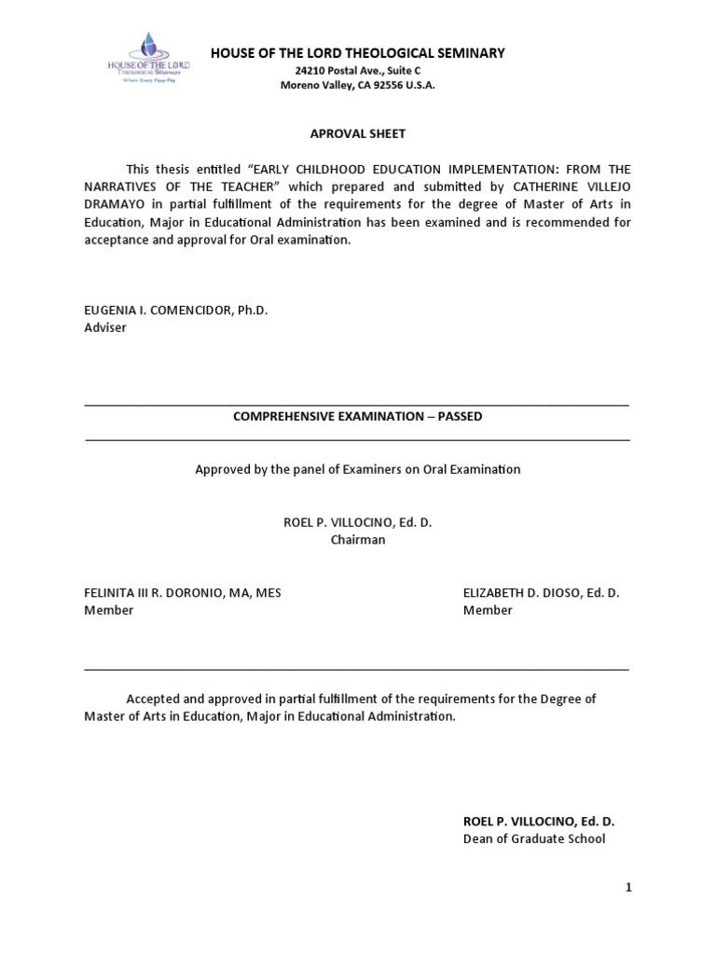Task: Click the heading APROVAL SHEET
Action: pyautogui.click(x=357, y=133)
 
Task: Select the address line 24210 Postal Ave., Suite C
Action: pyautogui.click(x=358, y=70)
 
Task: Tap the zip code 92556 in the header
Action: pyautogui.click(x=385, y=85)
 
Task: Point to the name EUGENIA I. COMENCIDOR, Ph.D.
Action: pyautogui.click(x=176, y=311)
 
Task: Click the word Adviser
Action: pyautogui.click(x=105, y=327)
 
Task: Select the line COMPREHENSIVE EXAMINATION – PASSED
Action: pyautogui.click(x=357, y=416)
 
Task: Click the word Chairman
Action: pyautogui.click(x=357, y=539)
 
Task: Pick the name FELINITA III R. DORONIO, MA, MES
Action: pyautogui.click(x=183, y=593)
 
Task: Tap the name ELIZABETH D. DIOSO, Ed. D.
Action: pyautogui.click(x=541, y=593)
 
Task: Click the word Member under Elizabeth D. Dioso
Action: pyautogui.click(x=488, y=610)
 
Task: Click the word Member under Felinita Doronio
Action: pyautogui.click(x=109, y=610)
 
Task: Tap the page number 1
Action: pyautogui.click(x=628, y=888)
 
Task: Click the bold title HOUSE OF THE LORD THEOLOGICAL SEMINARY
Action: pyautogui.click(x=358, y=53)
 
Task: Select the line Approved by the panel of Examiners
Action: pyautogui.click(x=357, y=469)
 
